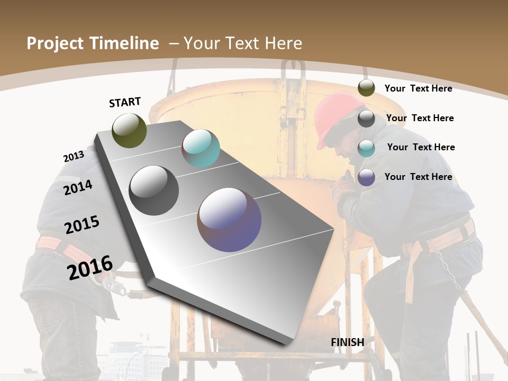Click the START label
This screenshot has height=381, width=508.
125,102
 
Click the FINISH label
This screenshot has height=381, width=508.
348,342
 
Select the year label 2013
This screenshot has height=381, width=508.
74,157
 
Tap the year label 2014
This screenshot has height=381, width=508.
78,187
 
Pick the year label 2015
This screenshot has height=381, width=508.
82,224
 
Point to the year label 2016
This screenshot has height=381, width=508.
90,267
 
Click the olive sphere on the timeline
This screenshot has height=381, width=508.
129,130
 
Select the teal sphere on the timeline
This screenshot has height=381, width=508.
201,148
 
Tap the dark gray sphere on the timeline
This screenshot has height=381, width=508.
153,190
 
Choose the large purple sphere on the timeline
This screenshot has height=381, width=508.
229,220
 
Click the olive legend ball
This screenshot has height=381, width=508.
366,88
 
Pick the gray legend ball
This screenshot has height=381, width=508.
366,119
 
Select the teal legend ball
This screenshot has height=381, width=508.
366,148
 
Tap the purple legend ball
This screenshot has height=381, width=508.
366,178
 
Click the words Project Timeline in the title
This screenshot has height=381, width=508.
93,43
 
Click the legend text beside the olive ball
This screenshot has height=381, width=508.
418,88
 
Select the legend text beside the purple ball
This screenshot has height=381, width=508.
418,177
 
